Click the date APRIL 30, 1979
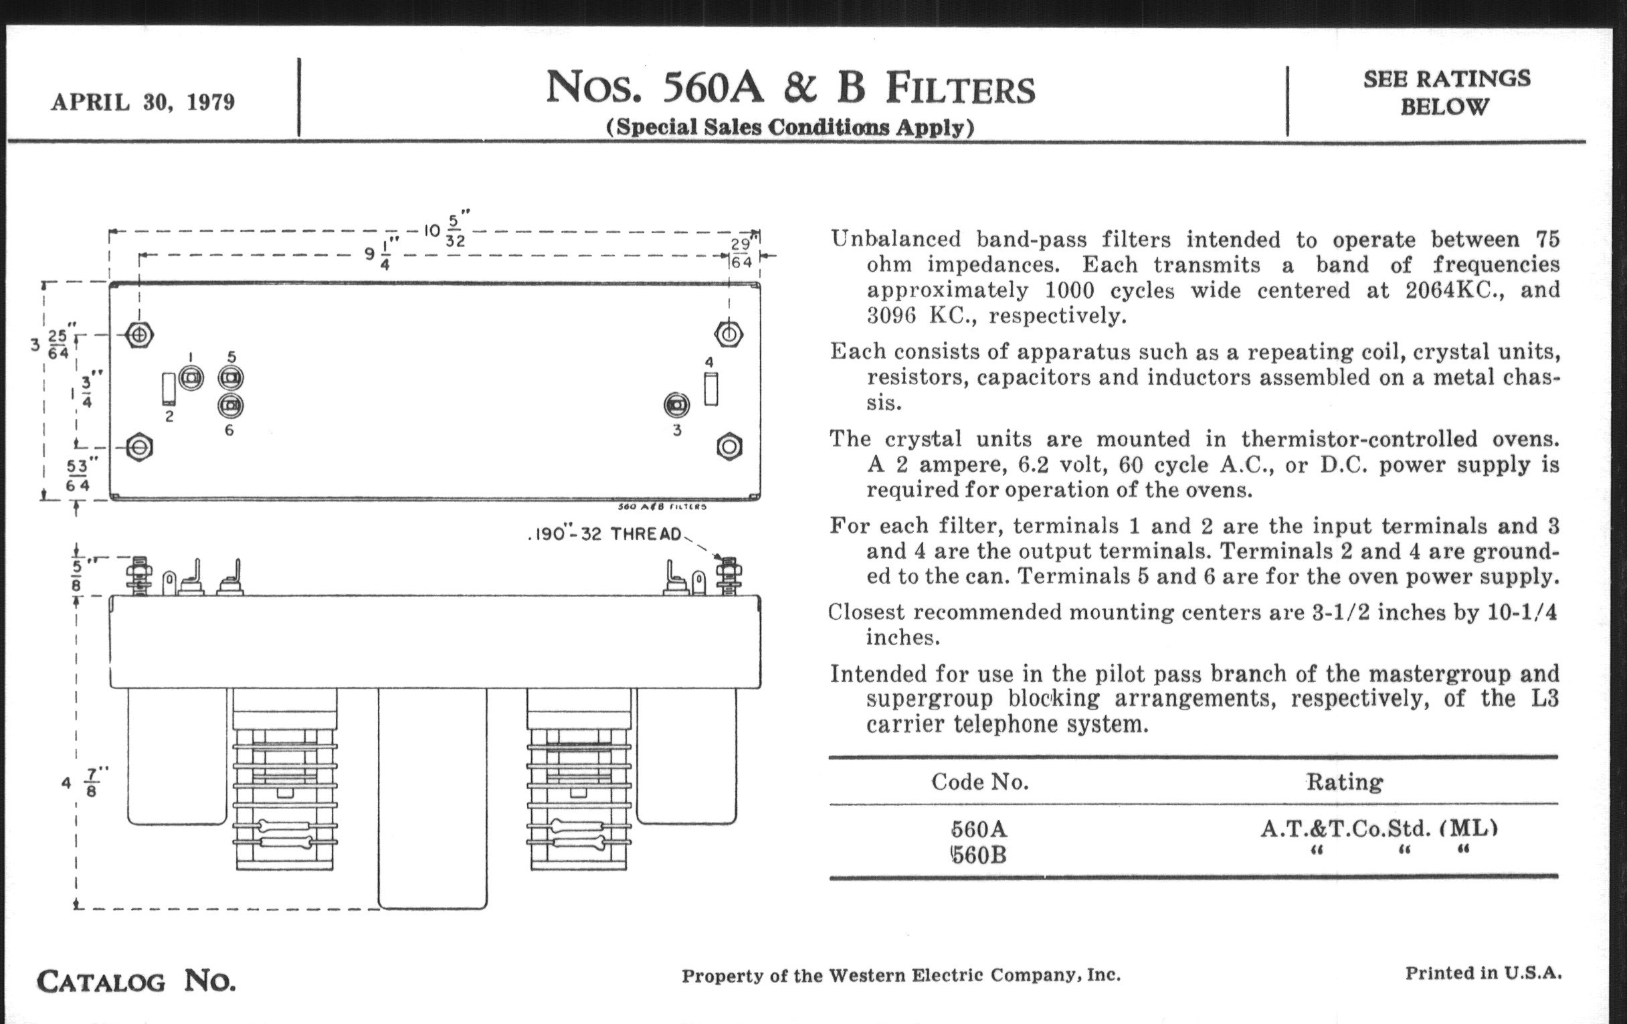click(142, 102)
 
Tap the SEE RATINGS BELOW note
click(1446, 92)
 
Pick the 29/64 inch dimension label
click(741, 254)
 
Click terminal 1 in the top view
click(191, 377)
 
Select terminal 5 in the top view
click(230, 377)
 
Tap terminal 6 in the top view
click(230, 406)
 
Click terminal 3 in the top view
click(676, 405)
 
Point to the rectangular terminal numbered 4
click(710, 390)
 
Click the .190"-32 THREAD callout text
click(605, 535)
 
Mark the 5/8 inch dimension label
click(76, 574)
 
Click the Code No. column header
click(979, 782)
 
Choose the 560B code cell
click(979, 856)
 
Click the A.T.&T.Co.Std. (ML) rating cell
click(1378, 829)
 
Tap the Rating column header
click(1344, 782)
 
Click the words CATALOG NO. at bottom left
click(136, 981)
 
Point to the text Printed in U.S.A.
click(1483, 973)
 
